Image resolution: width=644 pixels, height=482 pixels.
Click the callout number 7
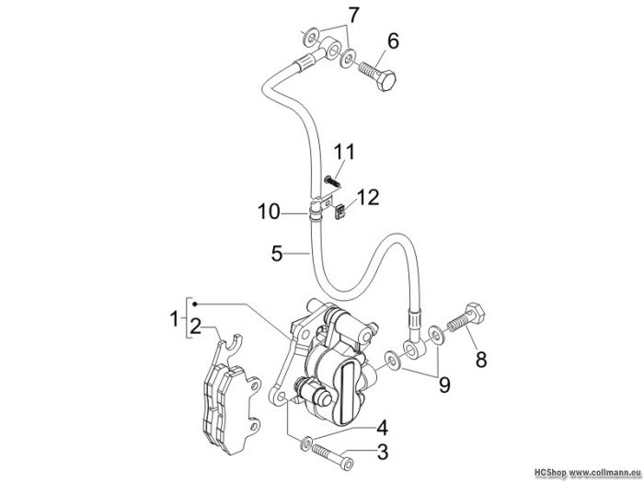[x=353, y=16]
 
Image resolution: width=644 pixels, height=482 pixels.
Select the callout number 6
[x=393, y=41]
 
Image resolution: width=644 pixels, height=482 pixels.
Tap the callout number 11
[x=343, y=152]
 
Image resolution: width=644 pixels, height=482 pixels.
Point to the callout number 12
[x=368, y=198]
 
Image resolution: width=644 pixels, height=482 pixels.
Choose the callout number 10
[x=269, y=212]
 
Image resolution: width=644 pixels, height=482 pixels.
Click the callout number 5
[x=277, y=253]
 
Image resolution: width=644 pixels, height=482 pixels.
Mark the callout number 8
[x=481, y=359]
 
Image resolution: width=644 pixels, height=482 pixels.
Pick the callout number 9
[x=444, y=384]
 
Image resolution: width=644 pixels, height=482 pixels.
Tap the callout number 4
[x=382, y=428]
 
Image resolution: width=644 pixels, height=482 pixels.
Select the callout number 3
[x=383, y=452]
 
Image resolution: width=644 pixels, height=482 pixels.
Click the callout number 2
[x=195, y=327]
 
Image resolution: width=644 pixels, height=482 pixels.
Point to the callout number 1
[x=176, y=318]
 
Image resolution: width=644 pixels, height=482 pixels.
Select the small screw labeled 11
[x=332, y=180]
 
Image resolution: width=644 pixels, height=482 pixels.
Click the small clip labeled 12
[x=339, y=212]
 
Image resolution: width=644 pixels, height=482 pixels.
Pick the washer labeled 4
[x=306, y=443]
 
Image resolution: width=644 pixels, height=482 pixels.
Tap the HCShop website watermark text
[x=588, y=473]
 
